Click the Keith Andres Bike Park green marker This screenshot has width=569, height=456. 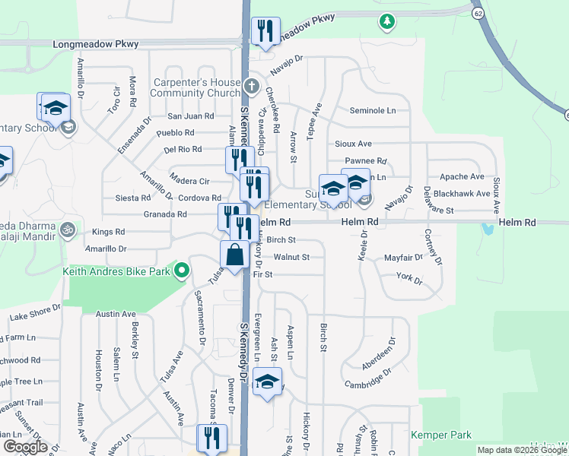click(x=182, y=271)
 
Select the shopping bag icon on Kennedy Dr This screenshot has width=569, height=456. click(x=235, y=255)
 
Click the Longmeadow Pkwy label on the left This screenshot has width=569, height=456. click(x=96, y=44)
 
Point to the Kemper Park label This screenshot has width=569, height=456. click(x=441, y=435)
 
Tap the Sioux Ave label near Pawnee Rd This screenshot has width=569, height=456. click(x=354, y=144)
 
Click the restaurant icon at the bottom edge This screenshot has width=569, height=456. click(x=212, y=438)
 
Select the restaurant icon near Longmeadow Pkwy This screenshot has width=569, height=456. click(x=265, y=31)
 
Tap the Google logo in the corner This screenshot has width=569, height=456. click(x=25, y=446)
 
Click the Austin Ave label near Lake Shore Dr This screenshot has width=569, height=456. click(x=116, y=314)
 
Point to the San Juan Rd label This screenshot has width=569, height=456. click(x=190, y=116)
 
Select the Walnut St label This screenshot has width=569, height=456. click(x=291, y=258)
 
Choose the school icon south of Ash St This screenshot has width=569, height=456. click(x=267, y=382)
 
